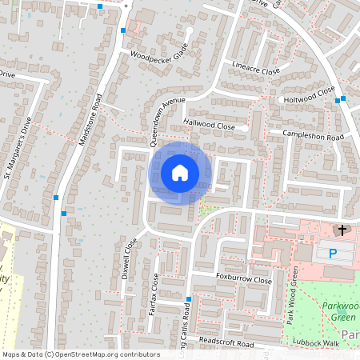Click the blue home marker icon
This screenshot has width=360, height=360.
[180, 172]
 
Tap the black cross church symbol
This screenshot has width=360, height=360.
[342, 230]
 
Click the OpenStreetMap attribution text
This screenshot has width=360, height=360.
[81, 354]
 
